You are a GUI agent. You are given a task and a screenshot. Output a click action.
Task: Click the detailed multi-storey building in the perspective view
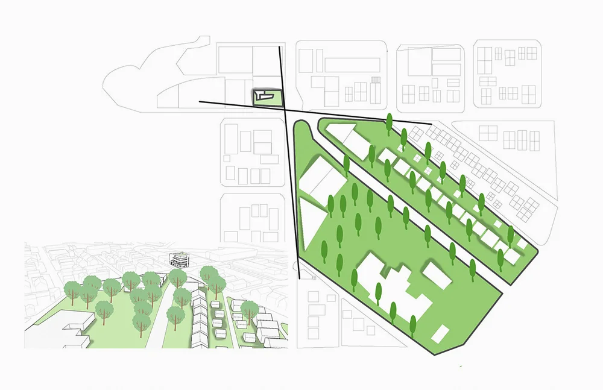179,260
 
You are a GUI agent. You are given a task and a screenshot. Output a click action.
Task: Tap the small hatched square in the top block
376,80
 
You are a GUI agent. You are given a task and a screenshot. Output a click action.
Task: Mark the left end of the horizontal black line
200,102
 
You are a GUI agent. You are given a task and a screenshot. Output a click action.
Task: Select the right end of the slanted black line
431,124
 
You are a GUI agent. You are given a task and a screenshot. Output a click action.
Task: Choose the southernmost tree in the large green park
413,326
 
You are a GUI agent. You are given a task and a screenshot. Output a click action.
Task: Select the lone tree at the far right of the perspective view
249,311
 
